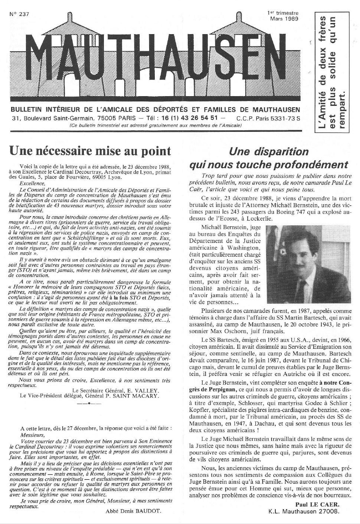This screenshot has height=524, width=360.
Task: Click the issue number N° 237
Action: pyautogui.click(x=19, y=14)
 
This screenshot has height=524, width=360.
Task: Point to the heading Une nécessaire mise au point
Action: pyautogui.click(x=90, y=151)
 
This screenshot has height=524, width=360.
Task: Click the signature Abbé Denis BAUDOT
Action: pyautogui.click(x=134, y=511)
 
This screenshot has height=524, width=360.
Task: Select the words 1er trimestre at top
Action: pyautogui.click(x=282, y=13)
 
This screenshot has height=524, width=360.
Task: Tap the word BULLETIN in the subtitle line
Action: pyautogui.click(x=27, y=110)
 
